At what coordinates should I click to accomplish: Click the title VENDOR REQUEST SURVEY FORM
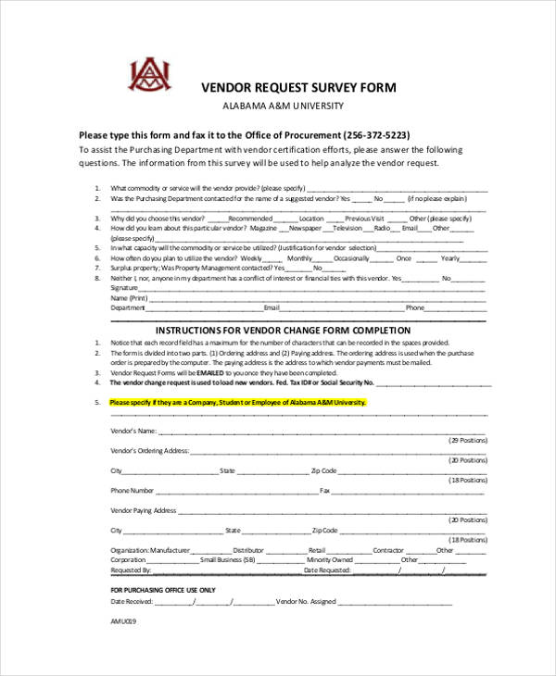click(x=298, y=88)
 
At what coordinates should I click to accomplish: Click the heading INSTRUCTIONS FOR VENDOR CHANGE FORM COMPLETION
click(x=296, y=331)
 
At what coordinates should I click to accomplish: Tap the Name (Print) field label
click(x=129, y=298)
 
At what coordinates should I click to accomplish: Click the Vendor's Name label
click(x=132, y=432)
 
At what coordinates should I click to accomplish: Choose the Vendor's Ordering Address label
click(x=149, y=451)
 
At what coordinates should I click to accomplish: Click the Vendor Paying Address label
click(x=144, y=510)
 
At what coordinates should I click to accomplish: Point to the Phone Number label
click(x=133, y=491)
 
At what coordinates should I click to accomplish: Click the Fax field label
click(x=325, y=491)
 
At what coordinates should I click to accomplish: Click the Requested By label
click(x=131, y=570)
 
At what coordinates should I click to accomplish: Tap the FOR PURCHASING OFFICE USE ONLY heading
click(x=162, y=590)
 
